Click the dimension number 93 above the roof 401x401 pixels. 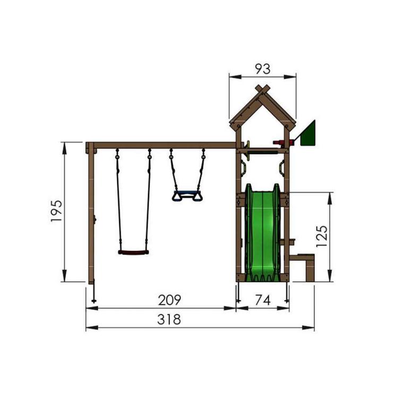point(262,69)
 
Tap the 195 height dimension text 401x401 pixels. point(57,211)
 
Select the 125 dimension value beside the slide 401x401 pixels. point(322,236)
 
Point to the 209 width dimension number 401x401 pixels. point(170,300)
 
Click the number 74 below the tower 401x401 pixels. point(262,300)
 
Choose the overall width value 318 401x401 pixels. point(169,320)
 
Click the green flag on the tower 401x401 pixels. point(309,134)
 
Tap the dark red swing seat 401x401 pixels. point(133,252)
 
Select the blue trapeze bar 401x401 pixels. point(186,193)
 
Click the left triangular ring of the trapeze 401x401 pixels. point(177,197)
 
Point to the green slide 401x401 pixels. point(262,234)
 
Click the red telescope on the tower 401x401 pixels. point(279,142)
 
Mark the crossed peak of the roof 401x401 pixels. point(262,88)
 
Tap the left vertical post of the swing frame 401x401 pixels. point(91,212)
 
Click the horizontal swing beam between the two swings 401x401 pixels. point(159,145)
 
